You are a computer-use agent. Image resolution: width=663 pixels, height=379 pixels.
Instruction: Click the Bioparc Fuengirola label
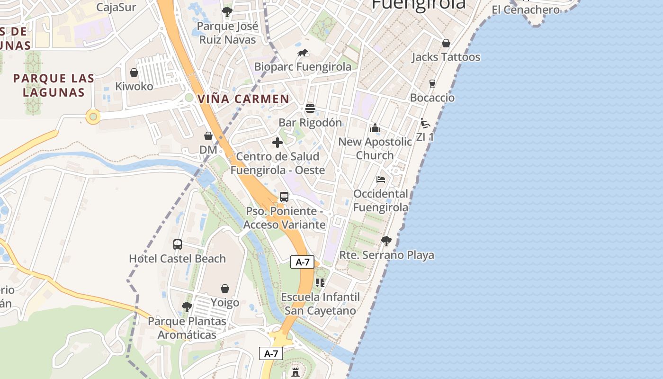coord(303,67)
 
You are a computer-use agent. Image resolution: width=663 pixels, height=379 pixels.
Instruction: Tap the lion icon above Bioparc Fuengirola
coord(303,53)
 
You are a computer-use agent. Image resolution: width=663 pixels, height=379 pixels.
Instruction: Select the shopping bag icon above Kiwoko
coord(134,72)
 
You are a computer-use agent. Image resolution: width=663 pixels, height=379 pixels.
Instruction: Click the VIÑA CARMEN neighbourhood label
coord(243,99)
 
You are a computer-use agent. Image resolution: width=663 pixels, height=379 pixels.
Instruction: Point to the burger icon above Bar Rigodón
coord(310,108)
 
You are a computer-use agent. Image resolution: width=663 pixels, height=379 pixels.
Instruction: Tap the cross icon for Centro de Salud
coord(278,143)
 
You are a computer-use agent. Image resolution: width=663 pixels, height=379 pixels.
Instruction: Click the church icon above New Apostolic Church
coord(375,128)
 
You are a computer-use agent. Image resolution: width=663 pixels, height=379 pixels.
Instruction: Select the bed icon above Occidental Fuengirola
coord(381,180)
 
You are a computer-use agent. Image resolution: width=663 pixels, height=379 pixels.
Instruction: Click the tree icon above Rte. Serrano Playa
coord(386,241)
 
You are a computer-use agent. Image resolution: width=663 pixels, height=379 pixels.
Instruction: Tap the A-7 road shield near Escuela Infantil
coord(303,262)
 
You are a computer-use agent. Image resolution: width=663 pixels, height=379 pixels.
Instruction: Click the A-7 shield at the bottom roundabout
coord(271,353)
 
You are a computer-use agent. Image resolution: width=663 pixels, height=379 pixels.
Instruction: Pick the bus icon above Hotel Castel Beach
coord(178,244)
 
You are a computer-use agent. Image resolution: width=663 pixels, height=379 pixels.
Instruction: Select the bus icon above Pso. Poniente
coord(284,197)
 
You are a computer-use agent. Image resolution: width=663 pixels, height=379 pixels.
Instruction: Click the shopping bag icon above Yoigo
coord(225,289)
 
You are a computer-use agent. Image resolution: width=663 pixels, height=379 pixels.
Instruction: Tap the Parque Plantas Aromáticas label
coord(187,328)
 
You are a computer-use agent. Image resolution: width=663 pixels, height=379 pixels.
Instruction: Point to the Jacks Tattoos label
coord(446,57)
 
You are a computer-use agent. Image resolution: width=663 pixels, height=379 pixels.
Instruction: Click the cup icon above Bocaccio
coord(432,84)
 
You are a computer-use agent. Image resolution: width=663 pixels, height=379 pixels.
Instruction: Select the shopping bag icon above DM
coord(208,136)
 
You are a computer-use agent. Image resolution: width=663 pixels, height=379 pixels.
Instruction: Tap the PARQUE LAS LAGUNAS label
coord(54,85)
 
